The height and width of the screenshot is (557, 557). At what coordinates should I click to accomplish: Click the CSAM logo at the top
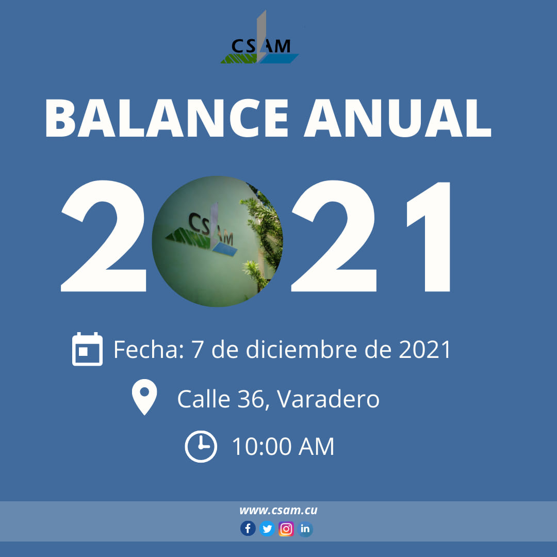(x=259, y=37)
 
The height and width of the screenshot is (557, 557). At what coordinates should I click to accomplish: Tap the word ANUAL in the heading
(x=398, y=118)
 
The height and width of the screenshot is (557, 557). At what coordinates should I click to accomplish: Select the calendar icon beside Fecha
(x=87, y=349)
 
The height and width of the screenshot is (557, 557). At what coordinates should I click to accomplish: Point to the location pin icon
(x=144, y=397)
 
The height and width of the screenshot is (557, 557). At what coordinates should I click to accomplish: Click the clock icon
(x=201, y=447)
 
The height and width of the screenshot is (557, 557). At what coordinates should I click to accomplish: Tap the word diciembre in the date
(x=302, y=349)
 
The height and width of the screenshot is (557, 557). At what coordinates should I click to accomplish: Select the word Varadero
(x=328, y=399)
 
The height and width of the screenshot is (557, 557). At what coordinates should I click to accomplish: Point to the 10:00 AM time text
(x=283, y=447)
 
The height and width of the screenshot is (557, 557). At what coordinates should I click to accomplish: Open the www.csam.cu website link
(x=278, y=511)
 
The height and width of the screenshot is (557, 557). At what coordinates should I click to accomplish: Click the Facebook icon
(x=248, y=529)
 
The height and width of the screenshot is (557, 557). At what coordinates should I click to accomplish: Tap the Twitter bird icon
(x=267, y=529)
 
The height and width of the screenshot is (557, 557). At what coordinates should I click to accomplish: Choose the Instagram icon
(x=286, y=529)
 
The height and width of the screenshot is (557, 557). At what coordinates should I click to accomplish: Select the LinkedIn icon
(x=305, y=529)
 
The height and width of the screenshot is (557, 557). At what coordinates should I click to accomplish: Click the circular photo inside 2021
(x=218, y=241)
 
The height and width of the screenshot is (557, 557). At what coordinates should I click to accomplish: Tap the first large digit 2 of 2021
(x=103, y=236)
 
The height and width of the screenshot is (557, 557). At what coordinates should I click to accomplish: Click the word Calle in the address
(x=204, y=399)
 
